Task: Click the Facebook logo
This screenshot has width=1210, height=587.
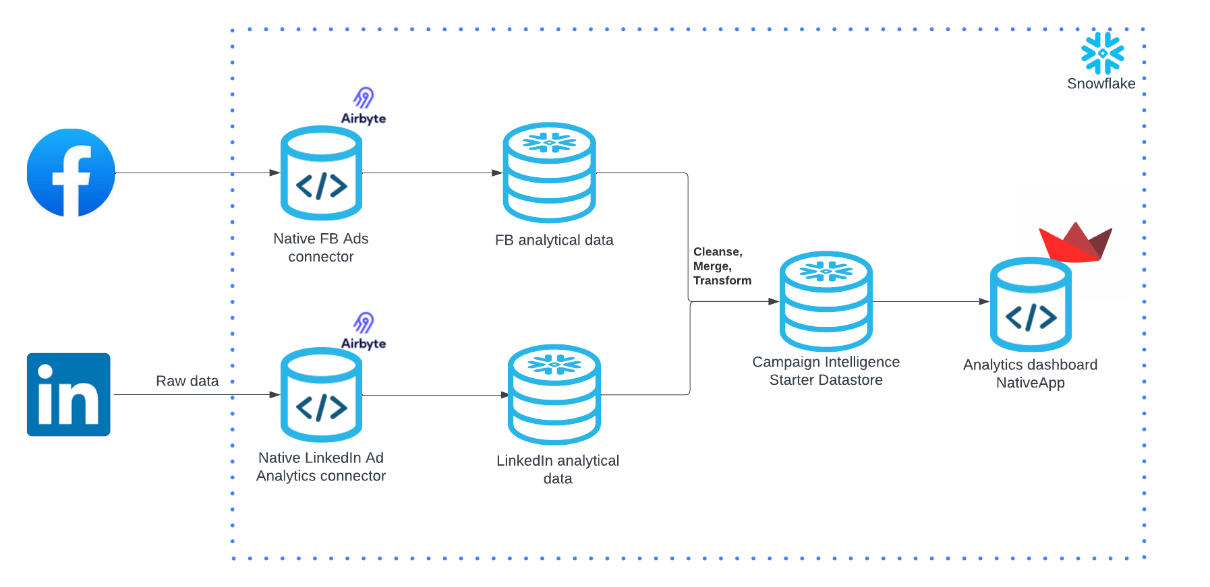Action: [x=71, y=173]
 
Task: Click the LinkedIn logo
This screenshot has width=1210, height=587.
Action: [x=68, y=394]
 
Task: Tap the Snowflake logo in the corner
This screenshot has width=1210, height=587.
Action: [x=1102, y=53]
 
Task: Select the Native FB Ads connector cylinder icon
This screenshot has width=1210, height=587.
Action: [x=321, y=173]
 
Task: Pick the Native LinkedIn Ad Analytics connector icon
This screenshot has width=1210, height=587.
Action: [x=321, y=395]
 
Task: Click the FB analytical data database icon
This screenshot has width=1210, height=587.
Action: [x=549, y=173]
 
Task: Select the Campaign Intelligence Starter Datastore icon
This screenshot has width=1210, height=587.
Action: [x=826, y=301]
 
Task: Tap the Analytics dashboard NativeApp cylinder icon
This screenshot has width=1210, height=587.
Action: [x=1031, y=305]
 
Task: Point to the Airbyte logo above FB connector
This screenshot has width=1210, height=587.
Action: [x=364, y=106]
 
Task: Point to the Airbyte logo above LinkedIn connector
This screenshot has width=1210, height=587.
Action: [x=364, y=332]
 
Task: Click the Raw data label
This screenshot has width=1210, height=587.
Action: [x=188, y=381]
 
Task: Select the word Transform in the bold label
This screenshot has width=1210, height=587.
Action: [x=722, y=280]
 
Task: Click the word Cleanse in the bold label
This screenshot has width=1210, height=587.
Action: [x=717, y=251]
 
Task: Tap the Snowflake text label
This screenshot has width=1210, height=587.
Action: [x=1101, y=84]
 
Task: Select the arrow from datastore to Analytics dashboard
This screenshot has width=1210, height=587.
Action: [x=931, y=301]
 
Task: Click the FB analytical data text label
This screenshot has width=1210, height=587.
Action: [x=554, y=240]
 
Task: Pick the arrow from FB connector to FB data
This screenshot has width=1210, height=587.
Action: [x=432, y=173]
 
